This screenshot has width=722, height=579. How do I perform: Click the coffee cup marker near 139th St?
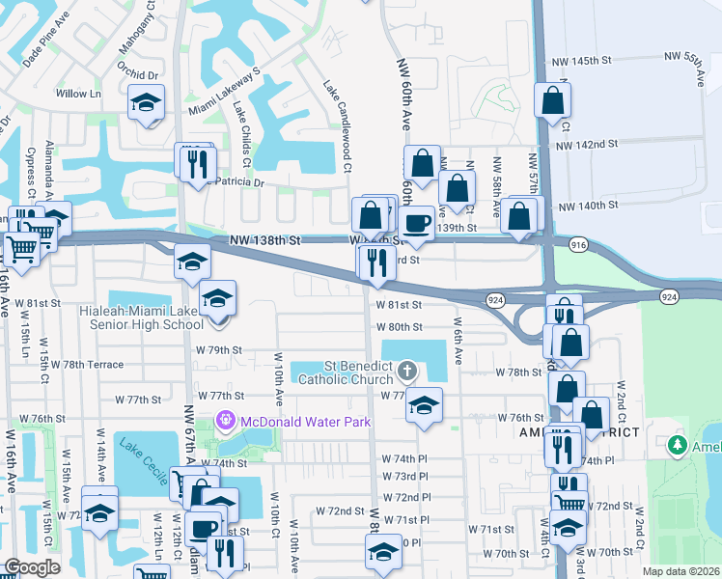coord(417,222)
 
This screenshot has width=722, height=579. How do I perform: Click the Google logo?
coord(32,568)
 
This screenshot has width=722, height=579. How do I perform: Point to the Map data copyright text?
coord(681,571)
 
